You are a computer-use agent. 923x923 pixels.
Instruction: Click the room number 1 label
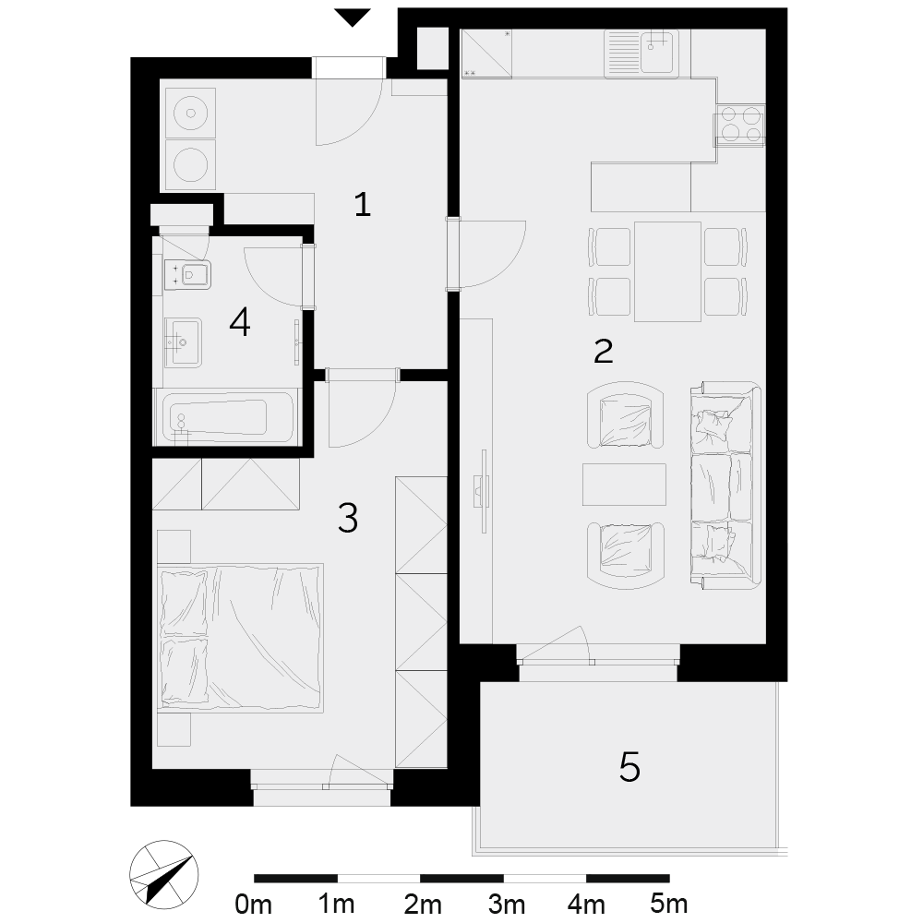[x=363, y=205]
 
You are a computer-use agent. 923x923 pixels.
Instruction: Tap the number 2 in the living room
[x=604, y=351]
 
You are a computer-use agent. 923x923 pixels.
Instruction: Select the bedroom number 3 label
[x=348, y=518]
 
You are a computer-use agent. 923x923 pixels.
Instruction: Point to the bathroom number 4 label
[x=240, y=322]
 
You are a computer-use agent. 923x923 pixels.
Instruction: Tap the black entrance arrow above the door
[x=353, y=18]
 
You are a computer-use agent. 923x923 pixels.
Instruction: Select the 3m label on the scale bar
[x=506, y=904]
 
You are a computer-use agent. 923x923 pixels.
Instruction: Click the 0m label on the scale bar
[x=253, y=904]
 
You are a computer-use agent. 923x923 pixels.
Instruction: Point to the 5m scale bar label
[x=668, y=904]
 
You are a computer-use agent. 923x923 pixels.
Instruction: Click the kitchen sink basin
[x=657, y=44]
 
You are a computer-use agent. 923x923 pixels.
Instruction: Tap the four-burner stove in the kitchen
[x=740, y=125]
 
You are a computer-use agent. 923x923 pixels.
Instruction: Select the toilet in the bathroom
[x=188, y=274]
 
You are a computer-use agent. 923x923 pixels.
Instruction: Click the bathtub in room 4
[x=227, y=418]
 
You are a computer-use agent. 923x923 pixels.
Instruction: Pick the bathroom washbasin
[x=183, y=342]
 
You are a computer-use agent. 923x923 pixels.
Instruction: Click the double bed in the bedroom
[x=241, y=638]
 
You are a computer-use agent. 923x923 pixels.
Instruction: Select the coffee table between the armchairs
[x=624, y=484]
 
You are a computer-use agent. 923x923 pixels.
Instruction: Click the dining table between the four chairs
[x=667, y=271]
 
